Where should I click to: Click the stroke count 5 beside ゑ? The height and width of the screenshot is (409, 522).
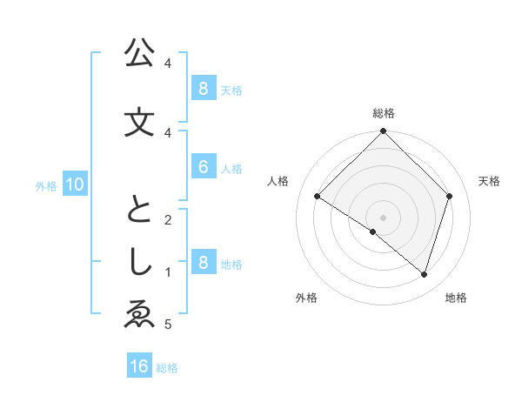(167, 325)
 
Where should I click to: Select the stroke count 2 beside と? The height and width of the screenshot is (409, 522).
(167, 219)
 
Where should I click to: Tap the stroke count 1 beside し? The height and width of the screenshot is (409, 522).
(167, 272)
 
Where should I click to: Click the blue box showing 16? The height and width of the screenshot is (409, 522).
(139, 366)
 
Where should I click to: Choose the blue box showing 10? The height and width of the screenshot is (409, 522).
(74, 184)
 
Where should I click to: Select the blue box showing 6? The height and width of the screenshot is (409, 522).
(203, 167)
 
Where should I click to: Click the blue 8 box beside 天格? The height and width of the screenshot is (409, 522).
(203, 88)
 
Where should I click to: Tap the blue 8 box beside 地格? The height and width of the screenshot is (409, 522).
(203, 263)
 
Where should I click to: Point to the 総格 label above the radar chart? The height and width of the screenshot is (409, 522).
(384, 113)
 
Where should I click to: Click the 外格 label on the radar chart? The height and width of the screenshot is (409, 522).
(305, 298)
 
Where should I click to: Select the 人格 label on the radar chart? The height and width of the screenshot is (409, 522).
(278, 181)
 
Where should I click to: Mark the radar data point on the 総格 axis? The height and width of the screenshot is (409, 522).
(383, 131)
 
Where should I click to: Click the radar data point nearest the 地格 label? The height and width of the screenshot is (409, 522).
(424, 275)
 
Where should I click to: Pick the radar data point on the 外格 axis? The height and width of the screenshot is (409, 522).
(373, 231)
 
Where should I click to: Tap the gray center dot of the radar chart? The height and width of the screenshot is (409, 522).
(383, 217)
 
